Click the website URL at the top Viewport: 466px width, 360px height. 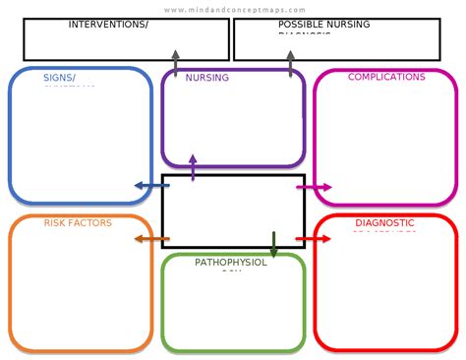coord(234,10)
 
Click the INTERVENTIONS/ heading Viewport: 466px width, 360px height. coord(108,24)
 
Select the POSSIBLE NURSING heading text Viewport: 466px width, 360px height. coord(323,24)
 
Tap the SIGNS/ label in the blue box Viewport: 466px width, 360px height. coord(59,77)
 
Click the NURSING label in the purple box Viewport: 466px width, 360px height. coord(207,78)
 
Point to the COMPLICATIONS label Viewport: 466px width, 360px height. coord(386,77)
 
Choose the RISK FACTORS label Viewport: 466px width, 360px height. coord(78,223)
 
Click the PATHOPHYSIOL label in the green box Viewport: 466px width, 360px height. coord(231,263)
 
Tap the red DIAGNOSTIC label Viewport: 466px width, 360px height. coord(384,223)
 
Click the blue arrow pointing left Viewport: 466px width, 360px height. coord(150,185)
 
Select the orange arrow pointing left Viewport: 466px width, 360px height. coord(150,238)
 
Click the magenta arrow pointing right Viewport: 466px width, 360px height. coord(315,186)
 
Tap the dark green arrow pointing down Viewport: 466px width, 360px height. coord(273,244)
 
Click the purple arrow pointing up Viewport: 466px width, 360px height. coord(193,166)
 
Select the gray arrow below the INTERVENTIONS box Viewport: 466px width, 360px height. coord(175,63)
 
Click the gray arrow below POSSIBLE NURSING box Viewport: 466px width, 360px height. coord(290,63)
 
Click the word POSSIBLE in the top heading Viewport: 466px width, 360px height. coord(300,24)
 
